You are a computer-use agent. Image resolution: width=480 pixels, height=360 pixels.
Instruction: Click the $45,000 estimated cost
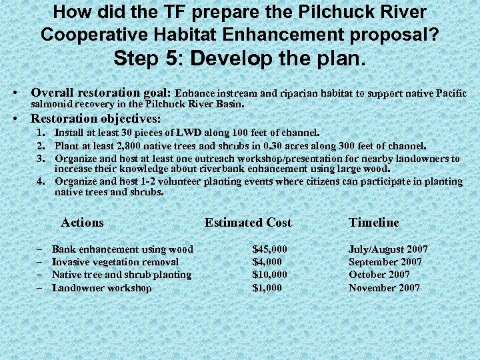[x=269, y=249]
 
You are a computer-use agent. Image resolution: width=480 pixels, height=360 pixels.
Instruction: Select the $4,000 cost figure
[x=267, y=262]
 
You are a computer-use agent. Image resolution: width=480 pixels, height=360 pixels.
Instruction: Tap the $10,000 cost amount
[x=269, y=275]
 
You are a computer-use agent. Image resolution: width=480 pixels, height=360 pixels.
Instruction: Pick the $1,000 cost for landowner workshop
[x=267, y=288]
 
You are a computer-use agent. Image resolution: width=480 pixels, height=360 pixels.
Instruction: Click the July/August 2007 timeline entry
[x=388, y=249]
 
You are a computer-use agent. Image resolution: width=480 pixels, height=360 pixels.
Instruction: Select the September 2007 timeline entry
[x=385, y=262]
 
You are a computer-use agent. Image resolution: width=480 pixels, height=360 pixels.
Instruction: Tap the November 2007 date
[x=384, y=288]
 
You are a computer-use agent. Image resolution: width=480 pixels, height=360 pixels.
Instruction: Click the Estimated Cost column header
[x=248, y=223]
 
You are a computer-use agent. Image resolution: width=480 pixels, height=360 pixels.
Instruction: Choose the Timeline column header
[x=374, y=223]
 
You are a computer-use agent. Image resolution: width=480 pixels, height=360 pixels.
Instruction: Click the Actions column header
[x=82, y=223]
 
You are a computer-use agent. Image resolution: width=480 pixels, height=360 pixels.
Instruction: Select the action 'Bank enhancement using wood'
[x=123, y=249]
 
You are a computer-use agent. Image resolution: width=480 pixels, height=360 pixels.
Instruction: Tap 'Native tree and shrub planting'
[x=121, y=275]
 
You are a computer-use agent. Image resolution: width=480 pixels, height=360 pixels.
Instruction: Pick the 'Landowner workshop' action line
[x=102, y=288]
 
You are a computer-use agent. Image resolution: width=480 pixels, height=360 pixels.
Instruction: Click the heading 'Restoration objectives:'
[x=96, y=119]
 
